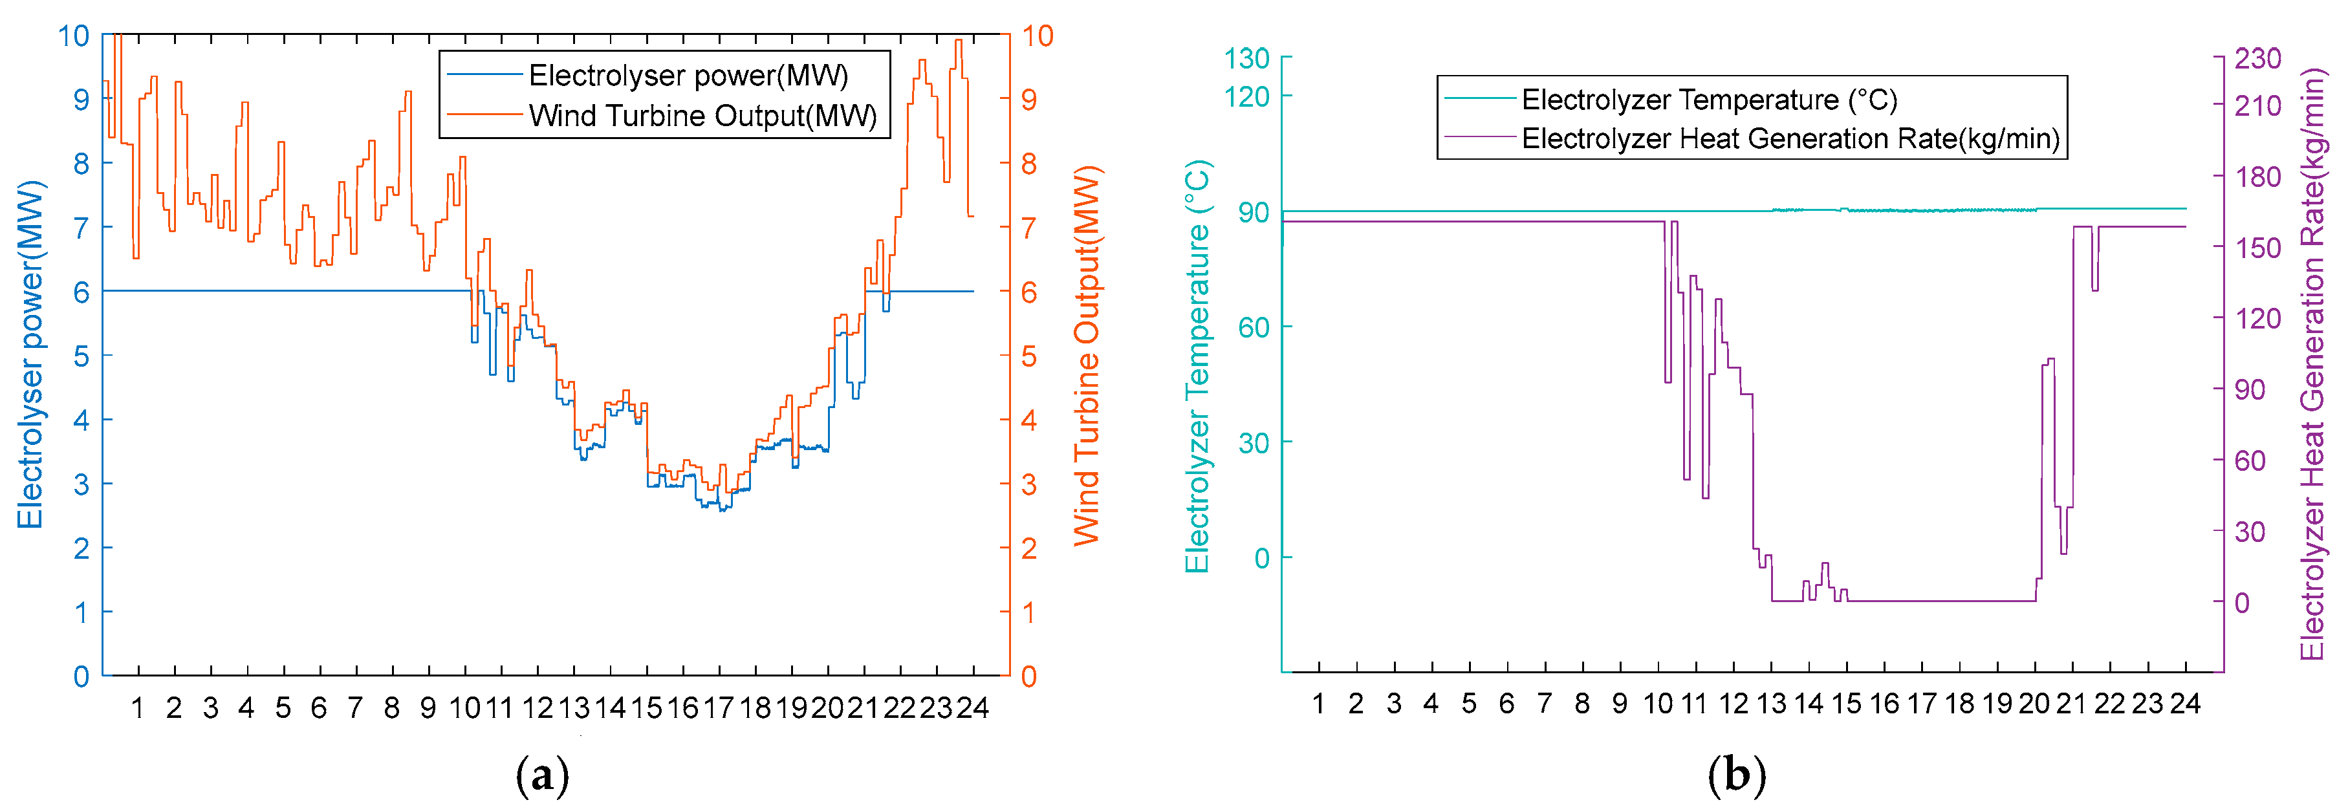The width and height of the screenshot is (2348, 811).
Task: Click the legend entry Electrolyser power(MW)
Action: tap(688, 75)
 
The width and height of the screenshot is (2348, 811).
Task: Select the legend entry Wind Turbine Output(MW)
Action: tap(702, 116)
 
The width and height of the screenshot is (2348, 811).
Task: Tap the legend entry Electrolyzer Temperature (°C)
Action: tap(1709, 100)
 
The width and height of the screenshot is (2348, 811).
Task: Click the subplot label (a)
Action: tap(542, 775)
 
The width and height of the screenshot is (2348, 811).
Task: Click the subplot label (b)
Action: tap(1735, 775)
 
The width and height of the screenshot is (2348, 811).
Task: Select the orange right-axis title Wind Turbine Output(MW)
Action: tap(1087, 356)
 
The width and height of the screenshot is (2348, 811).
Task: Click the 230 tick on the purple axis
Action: tap(2257, 58)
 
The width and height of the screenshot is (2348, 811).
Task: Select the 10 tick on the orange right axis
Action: tap(1036, 36)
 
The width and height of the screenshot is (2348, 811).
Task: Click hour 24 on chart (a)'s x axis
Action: tap(973, 707)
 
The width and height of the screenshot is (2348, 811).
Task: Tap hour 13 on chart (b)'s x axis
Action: tap(1771, 704)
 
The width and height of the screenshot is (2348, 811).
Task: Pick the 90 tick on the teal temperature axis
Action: tap(1254, 212)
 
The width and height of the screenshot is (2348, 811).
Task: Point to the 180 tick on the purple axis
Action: tap(2257, 177)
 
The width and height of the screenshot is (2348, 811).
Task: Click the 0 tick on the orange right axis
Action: tap(1029, 676)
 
